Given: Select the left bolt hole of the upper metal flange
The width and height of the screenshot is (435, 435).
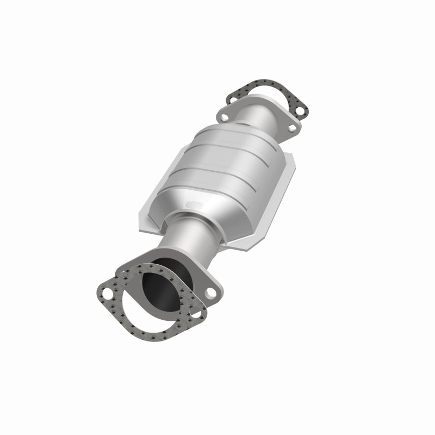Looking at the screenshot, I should click(x=223, y=116).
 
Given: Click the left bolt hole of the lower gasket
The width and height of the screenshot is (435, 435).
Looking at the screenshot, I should click(x=107, y=296).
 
